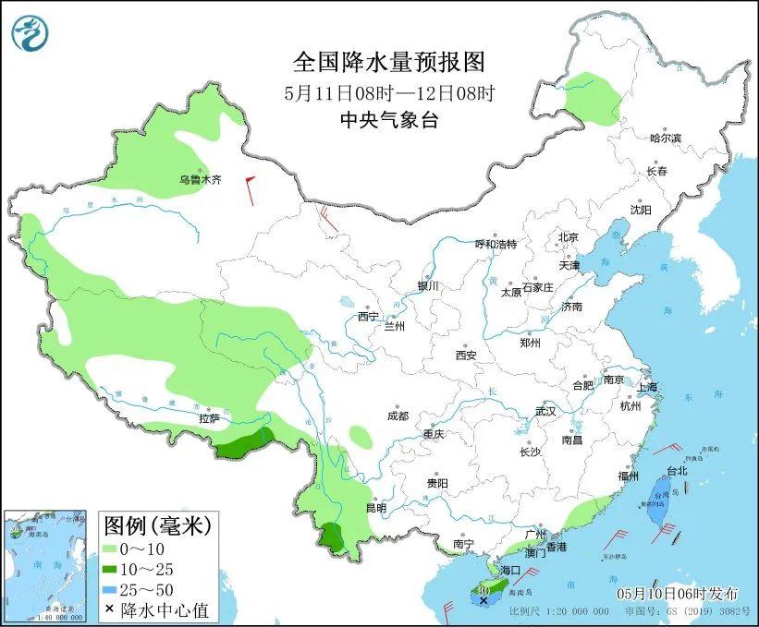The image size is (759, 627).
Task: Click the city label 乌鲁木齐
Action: pyautogui.click(x=201, y=180)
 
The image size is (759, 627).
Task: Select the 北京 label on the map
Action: pyautogui.click(x=568, y=237)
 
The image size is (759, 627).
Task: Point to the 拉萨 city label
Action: pyautogui.click(x=209, y=418)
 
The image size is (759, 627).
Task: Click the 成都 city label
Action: pyautogui.click(x=398, y=416)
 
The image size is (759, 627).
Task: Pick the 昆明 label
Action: pyautogui.click(x=375, y=507)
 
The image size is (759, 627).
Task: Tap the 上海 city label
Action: pyautogui.click(x=648, y=386)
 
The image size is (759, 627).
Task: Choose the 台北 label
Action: pyautogui.click(x=677, y=470)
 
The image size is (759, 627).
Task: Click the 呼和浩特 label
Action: pyautogui.click(x=496, y=244)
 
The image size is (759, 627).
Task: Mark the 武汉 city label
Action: pyautogui.click(x=545, y=411)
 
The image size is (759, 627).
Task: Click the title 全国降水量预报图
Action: pyautogui.click(x=388, y=62)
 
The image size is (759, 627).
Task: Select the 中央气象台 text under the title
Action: pyautogui.click(x=388, y=120)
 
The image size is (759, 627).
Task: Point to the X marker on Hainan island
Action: pyautogui.click(x=484, y=599)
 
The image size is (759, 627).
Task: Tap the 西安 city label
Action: pyautogui.click(x=465, y=355)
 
